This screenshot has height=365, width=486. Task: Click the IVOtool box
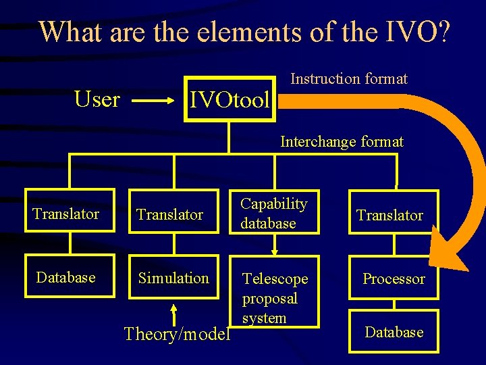coord(230,101)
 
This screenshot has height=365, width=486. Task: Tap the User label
coord(97,99)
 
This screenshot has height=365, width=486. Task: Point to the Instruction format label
coord(348,79)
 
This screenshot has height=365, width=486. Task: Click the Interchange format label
coord(342,142)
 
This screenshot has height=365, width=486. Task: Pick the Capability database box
coord(274,213)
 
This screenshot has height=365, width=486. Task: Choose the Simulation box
coord(173,277)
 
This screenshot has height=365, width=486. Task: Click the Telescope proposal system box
coord(275,297)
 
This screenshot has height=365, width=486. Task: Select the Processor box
coord(394,278)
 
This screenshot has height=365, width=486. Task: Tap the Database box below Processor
coord(394,331)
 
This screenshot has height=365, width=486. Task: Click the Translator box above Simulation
coord(169,214)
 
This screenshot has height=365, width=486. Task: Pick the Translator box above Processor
coord(390,215)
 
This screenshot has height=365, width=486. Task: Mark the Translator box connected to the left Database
coord(65,214)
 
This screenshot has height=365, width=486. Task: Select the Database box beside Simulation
coord(65,277)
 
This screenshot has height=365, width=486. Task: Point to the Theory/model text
coord(177,334)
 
